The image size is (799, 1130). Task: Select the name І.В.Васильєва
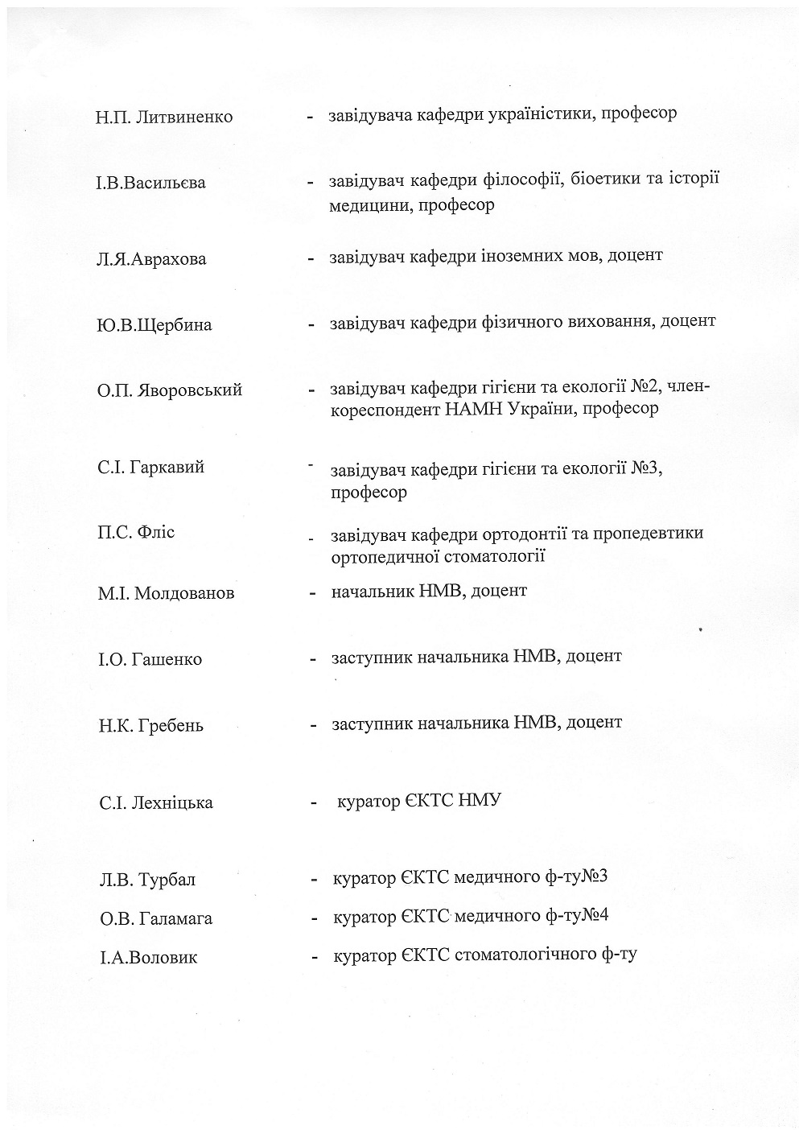click(x=151, y=183)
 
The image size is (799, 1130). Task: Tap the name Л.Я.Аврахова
click(x=151, y=259)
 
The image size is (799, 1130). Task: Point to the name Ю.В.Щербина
click(x=154, y=325)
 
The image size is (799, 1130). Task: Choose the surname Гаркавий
click(x=168, y=468)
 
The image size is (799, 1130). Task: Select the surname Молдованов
click(x=184, y=594)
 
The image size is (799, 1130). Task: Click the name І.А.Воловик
click(x=148, y=958)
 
